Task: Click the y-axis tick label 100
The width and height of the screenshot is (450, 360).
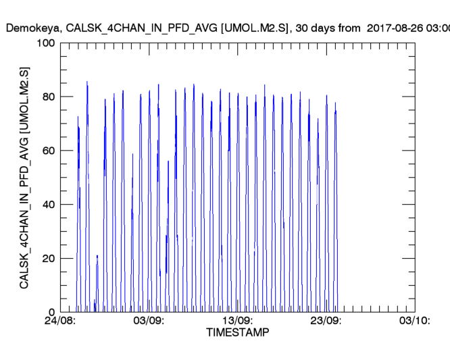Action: click(x=45, y=44)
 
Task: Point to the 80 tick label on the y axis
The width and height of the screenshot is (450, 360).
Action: click(x=48, y=97)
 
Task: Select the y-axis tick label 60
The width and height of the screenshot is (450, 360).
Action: click(x=48, y=151)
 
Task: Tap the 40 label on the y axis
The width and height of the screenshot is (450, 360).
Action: click(x=48, y=205)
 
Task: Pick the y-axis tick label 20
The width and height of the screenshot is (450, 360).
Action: click(x=48, y=259)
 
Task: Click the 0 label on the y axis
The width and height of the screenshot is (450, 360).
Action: click(x=51, y=312)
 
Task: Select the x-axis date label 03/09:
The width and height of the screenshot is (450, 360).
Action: click(x=149, y=321)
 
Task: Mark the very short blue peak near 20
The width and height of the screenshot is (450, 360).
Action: click(x=97, y=256)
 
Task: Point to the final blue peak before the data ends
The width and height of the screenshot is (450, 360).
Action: click(x=335, y=103)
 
